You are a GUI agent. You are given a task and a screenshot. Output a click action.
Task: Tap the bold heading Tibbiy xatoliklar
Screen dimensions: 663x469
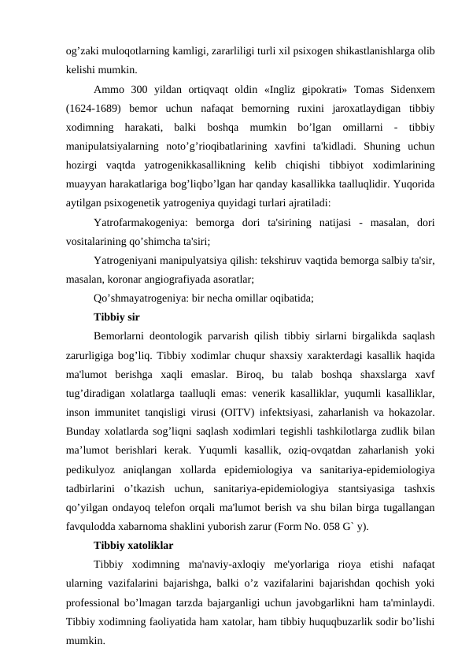133,545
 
